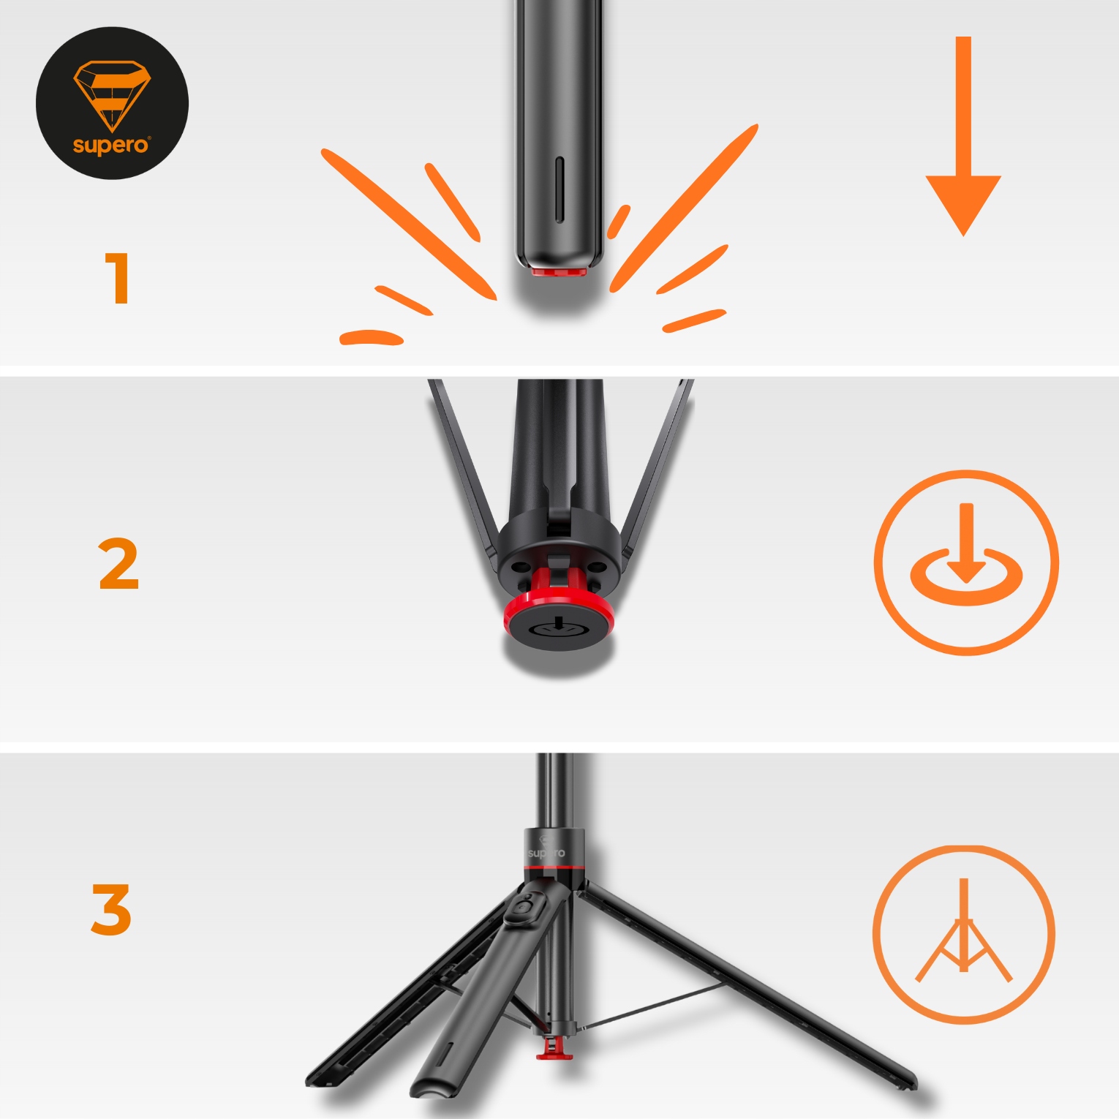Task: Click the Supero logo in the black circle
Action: (x=112, y=103)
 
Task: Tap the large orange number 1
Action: (x=117, y=278)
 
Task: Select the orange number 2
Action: (x=118, y=563)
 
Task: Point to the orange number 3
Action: (x=111, y=909)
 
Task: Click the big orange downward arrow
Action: (x=963, y=136)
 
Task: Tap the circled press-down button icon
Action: (x=966, y=562)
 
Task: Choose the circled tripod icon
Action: (x=964, y=934)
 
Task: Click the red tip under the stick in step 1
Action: (x=559, y=272)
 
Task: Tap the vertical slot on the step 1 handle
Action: (x=560, y=189)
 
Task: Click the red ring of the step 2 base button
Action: (x=559, y=613)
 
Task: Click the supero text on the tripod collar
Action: (x=546, y=853)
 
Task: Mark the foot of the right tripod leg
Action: (x=903, y=1081)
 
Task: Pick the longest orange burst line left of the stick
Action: (x=409, y=224)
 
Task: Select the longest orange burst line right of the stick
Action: (x=684, y=208)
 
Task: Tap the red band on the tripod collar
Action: (x=554, y=867)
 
